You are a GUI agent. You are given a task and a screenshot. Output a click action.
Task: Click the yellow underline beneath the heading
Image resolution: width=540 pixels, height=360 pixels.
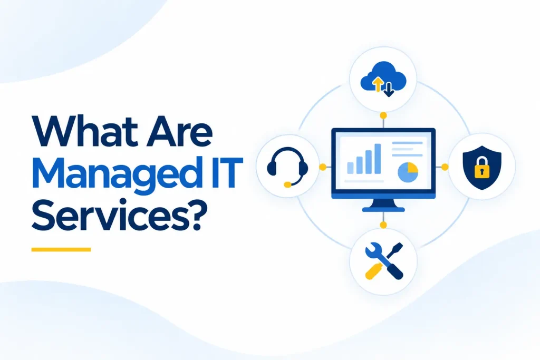pyautogui.click(x=61, y=249)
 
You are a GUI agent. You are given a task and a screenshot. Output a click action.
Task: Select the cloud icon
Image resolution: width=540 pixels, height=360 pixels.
pyautogui.click(x=383, y=79)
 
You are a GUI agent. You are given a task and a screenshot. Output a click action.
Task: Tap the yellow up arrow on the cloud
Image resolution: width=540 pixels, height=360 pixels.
pyautogui.click(x=378, y=84)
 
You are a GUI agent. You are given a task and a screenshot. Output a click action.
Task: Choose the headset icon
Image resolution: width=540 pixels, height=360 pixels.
pyautogui.click(x=287, y=167)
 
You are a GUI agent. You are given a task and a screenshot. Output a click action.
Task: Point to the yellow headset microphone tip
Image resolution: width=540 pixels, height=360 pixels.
pyautogui.click(x=287, y=185)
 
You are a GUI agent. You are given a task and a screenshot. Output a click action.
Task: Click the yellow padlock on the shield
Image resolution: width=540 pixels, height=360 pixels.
pyautogui.click(x=482, y=168)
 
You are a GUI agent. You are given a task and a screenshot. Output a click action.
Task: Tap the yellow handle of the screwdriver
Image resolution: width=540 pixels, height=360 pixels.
pyautogui.click(x=373, y=271)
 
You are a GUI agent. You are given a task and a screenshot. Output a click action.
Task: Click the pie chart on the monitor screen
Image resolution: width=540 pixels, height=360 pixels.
pyautogui.click(x=408, y=172)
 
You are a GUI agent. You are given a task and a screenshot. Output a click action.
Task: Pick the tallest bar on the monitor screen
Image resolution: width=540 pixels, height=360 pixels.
pyautogui.click(x=378, y=159)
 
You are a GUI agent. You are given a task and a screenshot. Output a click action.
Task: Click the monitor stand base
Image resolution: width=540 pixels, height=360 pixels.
pyautogui.click(x=383, y=209)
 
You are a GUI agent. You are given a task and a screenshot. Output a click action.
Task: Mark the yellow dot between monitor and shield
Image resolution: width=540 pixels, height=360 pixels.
pyautogui.click(x=445, y=167)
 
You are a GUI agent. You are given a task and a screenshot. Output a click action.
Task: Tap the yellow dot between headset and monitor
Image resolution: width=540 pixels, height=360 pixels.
pyautogui.click(x=323, y=167)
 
